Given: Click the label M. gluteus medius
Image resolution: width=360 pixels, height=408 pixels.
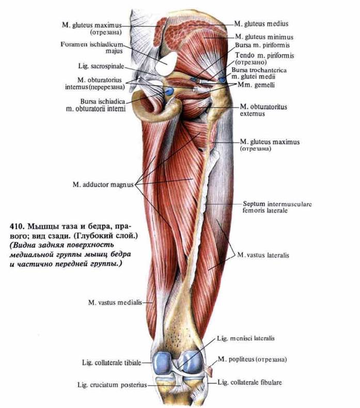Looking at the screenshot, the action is (x=261, y=24).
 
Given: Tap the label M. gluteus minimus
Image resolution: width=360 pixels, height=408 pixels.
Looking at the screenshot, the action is (x=263, y=37).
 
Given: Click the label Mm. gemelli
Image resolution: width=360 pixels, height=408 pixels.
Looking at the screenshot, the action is (x=254, y=84).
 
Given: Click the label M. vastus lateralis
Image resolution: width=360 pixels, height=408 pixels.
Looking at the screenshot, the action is (x=264, y=256).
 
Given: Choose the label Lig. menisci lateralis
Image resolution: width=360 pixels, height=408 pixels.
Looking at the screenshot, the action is (x=245, y=338).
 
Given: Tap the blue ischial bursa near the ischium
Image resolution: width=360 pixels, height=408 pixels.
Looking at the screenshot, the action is (x=169, y=92).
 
